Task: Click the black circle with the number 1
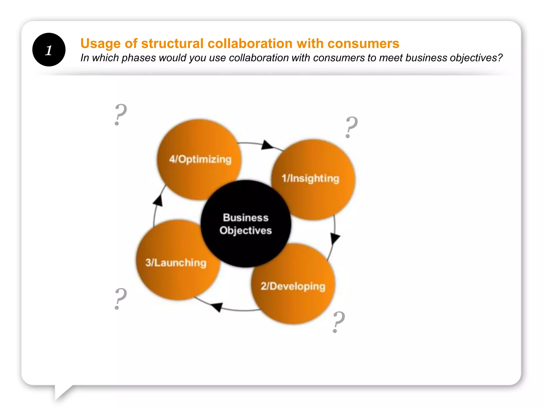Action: (x=49, y=50)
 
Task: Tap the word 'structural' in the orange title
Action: (x=172, y=43)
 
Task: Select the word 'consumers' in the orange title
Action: (x=363, y=43)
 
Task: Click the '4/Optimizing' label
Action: (x=200, y=159)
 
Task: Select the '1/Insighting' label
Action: (x=310, y=178)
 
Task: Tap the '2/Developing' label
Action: (x=293, y=286)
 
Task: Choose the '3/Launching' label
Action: (x=176, y=263)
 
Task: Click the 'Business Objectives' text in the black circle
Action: (x=246, y=224)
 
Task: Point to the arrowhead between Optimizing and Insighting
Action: (x=267, y=145)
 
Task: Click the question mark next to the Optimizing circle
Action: (x=120, y=114)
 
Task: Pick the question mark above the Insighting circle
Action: (x=351, y=127)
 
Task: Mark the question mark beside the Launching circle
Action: (x=120, y=299)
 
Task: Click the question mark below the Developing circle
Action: (x=339, y=322)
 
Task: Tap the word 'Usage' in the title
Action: (x=100, y=43)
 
